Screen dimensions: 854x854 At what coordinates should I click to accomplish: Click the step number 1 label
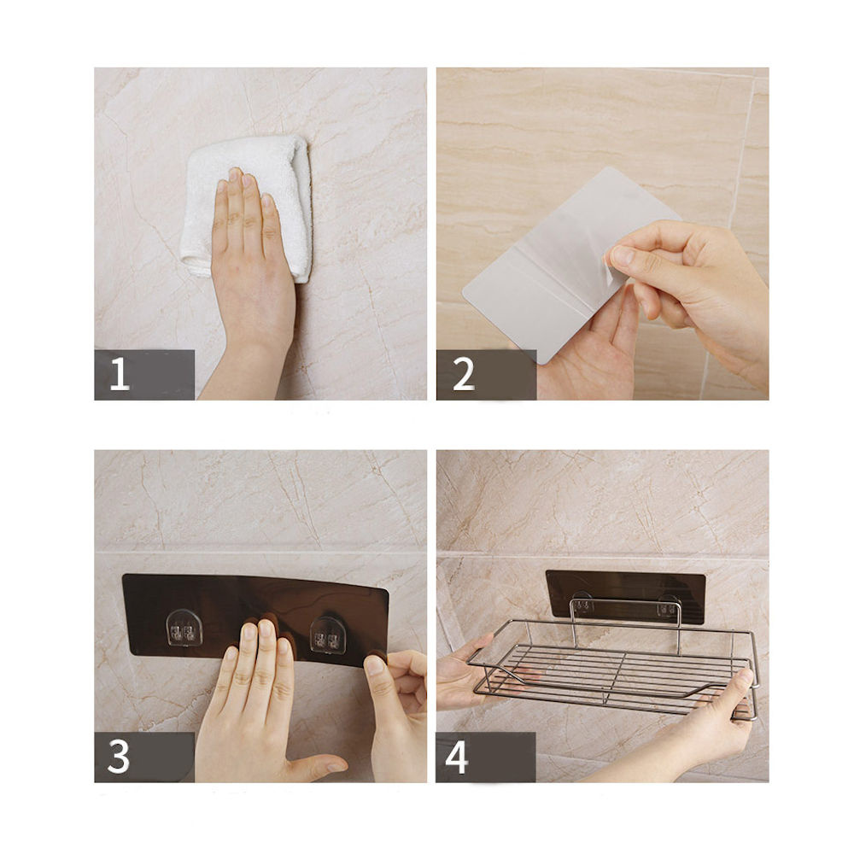pos(120,374)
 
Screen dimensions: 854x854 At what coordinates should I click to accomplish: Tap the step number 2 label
pos(464,374)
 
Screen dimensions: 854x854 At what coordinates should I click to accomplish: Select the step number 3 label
pos(119,756)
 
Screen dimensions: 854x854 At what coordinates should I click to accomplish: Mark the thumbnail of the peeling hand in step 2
pos(622,256)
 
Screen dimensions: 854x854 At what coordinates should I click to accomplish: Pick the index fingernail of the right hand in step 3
pos(375,665)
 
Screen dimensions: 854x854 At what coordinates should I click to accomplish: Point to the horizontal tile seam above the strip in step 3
pos(260,553)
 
